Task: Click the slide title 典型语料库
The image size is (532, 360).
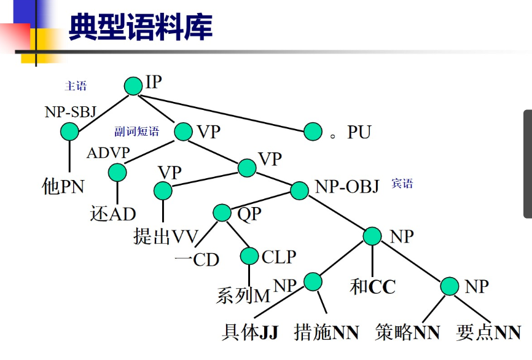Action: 141,27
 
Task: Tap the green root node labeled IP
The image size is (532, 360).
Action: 133,86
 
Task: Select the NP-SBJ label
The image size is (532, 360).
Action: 71,113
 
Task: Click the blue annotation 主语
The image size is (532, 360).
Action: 76,86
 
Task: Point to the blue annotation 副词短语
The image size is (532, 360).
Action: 136,131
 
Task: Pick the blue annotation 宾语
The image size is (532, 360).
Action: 402,184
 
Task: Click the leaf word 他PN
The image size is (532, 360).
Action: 63,186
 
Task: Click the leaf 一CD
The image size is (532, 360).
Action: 197,259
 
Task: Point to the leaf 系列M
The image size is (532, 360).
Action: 243,296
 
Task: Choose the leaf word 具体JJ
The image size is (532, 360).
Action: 250,332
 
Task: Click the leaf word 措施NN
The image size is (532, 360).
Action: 326,332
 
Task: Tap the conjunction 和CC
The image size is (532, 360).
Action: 373,287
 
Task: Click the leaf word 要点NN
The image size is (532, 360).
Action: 489,332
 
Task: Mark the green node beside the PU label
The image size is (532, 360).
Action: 313,131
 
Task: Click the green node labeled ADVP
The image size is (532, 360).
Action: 117,171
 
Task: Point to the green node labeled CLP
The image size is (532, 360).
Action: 249,256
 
